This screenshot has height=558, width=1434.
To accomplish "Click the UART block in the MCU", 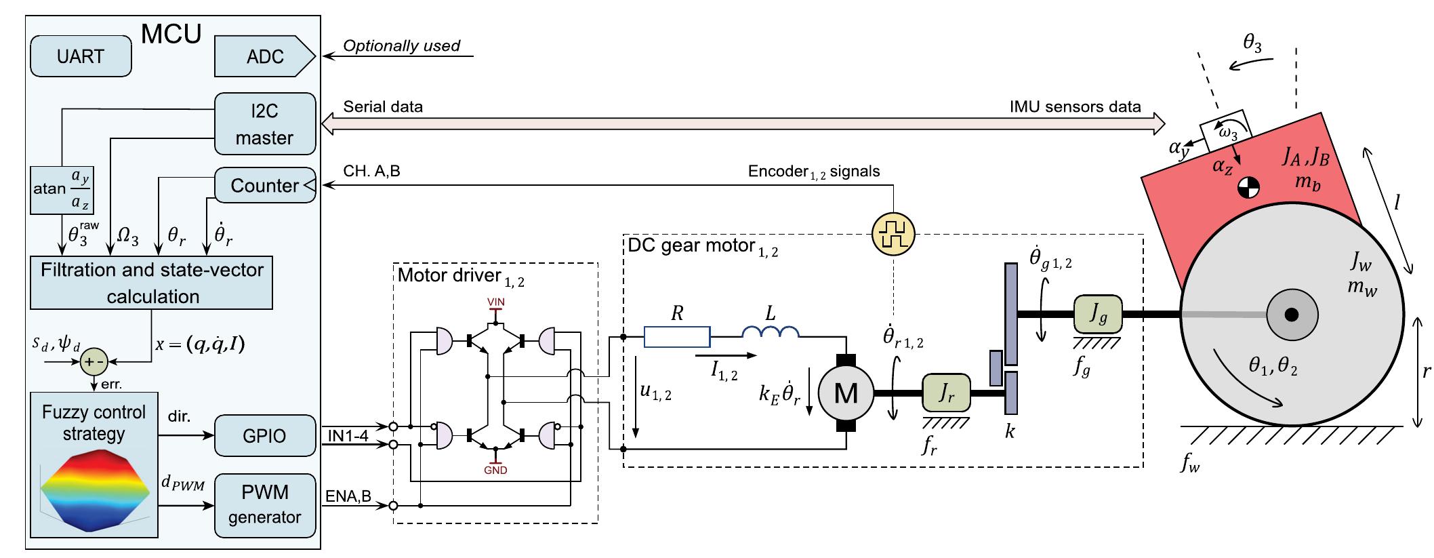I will point(81,56).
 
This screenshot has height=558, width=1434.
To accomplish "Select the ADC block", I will point(264,56).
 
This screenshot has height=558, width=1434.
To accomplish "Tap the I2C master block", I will point(265,124).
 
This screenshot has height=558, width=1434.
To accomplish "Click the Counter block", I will point(265,185).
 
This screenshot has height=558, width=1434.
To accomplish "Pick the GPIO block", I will point(265,436).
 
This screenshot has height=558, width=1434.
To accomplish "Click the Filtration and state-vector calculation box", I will point(152,283).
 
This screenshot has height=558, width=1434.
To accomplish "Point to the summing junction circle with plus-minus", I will point(94,363).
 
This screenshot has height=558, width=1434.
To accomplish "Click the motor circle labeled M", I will point(846,393).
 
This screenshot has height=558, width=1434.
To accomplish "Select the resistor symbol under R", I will point(677,337).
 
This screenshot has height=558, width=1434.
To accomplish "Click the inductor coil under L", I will point(771,332).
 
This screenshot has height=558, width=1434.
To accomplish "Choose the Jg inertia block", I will point(1097,315).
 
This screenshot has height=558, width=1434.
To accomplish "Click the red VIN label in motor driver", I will point(495,302).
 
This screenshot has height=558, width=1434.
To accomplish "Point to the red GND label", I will point(495,470).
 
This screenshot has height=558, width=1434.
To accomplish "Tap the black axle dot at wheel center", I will point(1291,315).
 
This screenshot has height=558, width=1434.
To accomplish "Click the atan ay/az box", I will point(62,188).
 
